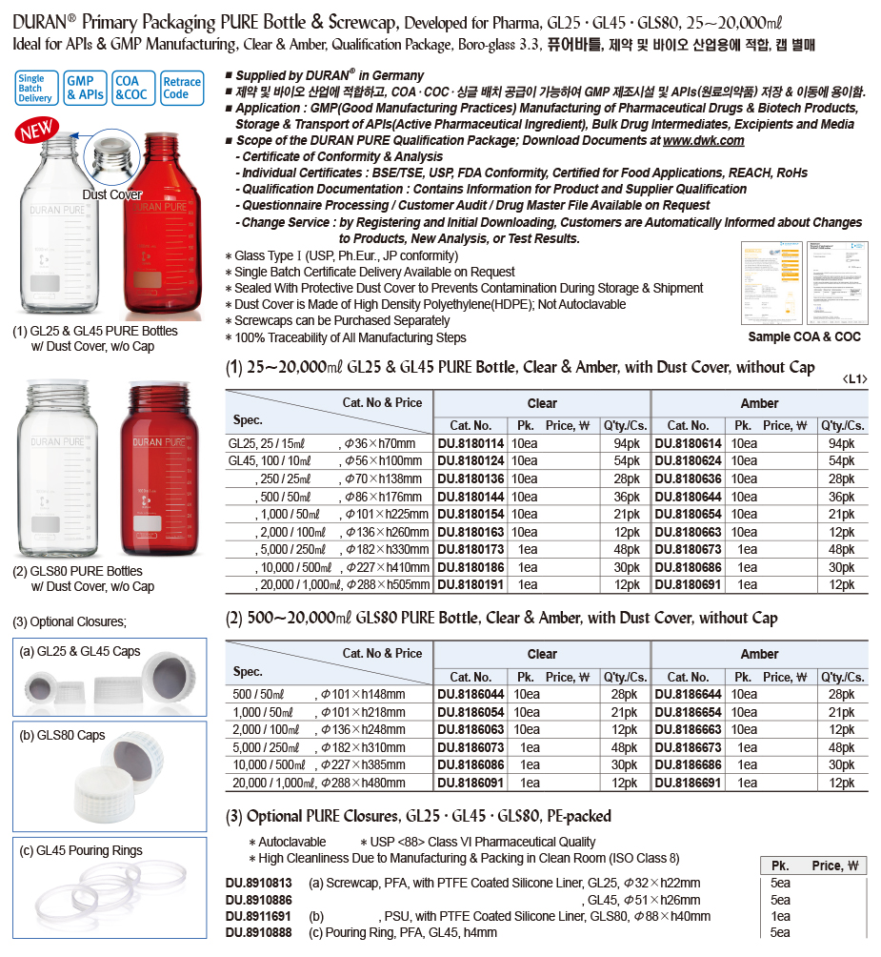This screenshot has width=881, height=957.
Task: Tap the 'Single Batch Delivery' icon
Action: tap(35, 88)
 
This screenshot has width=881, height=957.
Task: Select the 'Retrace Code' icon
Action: tap(181, 88)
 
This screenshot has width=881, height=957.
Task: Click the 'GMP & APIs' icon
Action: tap(86, 88)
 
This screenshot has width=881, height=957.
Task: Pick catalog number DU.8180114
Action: tap(471, 443)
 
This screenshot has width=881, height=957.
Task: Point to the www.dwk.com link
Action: tap(703, 140)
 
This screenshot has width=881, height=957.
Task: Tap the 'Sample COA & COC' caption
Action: tap(805, 336)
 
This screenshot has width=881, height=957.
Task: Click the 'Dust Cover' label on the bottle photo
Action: tap(111, 194)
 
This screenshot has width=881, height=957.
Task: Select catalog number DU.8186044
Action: tap(471, 694)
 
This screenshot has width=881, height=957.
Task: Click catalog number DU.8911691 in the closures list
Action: tap(259, 916)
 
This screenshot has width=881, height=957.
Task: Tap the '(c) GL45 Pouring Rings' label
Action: tap(81, 850)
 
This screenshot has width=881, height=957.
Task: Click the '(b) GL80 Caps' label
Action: tap(63, 735)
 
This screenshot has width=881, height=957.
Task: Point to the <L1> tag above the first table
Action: tap(854, 379)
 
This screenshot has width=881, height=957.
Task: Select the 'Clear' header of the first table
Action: tap(542, 403)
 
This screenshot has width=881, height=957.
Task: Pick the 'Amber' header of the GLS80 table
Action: tap(759, 654)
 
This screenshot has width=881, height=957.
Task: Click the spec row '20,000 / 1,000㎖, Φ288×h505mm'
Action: tap(330, 584)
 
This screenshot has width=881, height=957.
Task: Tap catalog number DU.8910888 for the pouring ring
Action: tap(259, 932)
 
